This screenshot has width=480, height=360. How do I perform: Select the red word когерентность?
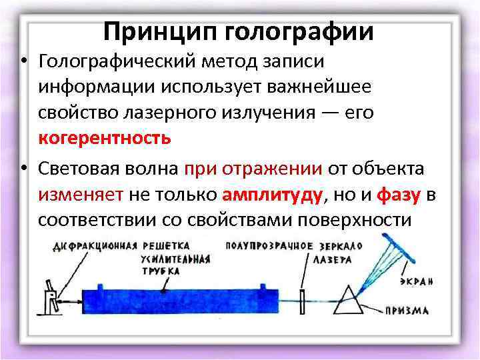point(105,138)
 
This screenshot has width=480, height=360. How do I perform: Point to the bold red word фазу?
point(399,195)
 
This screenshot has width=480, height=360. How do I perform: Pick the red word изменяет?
point(81,195)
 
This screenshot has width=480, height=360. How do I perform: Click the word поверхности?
point(358,220)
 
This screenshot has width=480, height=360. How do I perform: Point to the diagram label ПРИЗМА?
point(407,310)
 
